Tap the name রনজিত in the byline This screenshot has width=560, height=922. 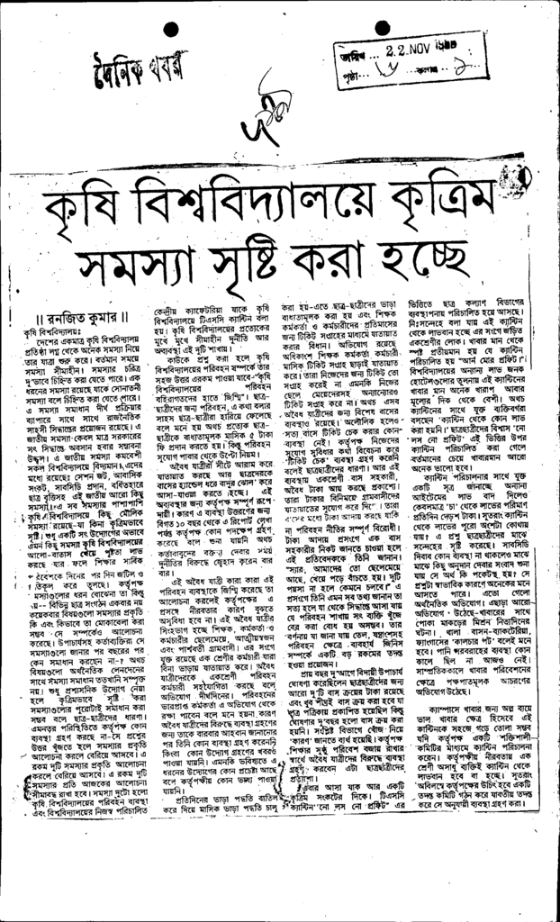[68, 316]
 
